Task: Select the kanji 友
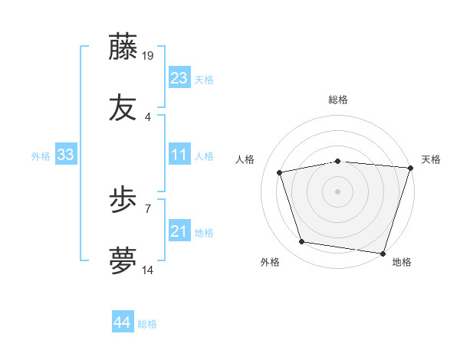tap(123, 108)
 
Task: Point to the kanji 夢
tap(123, 260)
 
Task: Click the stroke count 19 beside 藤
tap(149, 55)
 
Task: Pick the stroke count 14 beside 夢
tap(149, 270)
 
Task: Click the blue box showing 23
tap(179, 78)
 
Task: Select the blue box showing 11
tap(179, 155)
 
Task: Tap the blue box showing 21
tap(179, 232)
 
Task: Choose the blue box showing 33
tap(65, 155)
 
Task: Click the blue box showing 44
tap(122, 322)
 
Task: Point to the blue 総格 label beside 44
tap(147, 324)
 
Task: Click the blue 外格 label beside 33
tap(41, 156)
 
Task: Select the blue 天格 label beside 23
tap(204, 80)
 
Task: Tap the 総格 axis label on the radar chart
tap(338, 100)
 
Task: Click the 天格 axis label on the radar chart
tap(431, 159)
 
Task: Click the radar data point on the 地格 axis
tap(383, 253)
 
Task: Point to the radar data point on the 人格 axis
tap(280, 172)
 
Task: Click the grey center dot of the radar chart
tap(338, 191)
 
